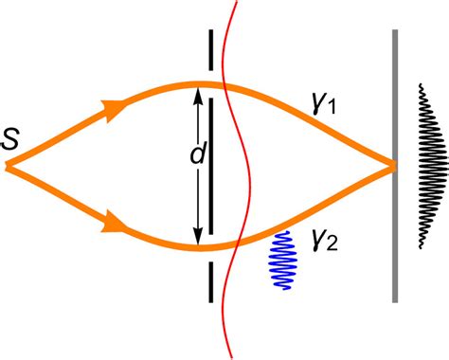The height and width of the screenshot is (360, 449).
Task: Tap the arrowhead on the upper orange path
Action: [115, 109]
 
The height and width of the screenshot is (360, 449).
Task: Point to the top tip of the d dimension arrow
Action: [197, 89]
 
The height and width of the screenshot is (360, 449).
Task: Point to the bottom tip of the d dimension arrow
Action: [197, 243]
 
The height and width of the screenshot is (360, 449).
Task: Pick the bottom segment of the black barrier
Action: [210, 279]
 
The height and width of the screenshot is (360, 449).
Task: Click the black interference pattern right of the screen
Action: [432, 166]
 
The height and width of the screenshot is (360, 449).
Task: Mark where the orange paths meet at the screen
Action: [390, 167]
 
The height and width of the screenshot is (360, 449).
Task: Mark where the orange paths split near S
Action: [9, 167]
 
